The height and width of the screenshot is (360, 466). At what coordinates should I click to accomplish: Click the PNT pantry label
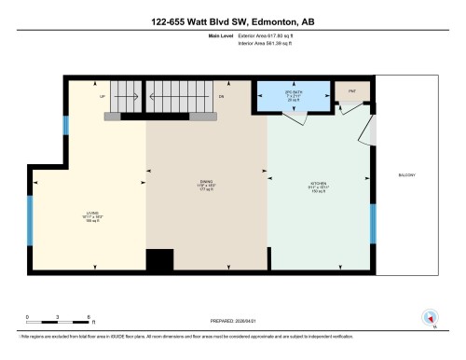click(x=352, y=91)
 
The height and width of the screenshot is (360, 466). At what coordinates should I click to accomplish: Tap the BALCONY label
click(x=406, y=174)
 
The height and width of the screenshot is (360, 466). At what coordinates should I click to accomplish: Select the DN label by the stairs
click(x=221, y=96)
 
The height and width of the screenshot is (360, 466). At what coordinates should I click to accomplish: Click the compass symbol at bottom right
click(x=431, y=317)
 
